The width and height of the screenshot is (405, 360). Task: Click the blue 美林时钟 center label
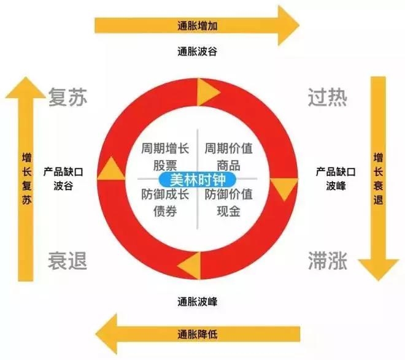[x=196, y=179]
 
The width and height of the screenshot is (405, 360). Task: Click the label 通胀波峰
[x=197, y=301]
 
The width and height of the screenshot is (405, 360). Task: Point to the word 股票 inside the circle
[x=166, y=166]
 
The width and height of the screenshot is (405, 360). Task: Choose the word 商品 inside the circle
[x=228, y=166]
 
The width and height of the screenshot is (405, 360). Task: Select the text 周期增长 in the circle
[x=166, y=148]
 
